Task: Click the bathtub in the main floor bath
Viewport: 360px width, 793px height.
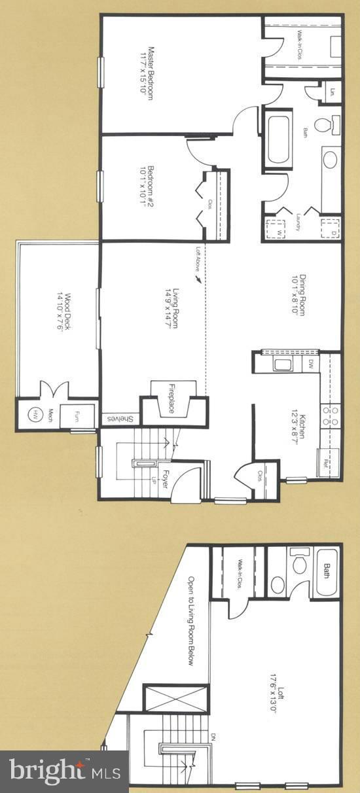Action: (281, 139)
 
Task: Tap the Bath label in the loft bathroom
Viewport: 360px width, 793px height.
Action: (325, 572)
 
